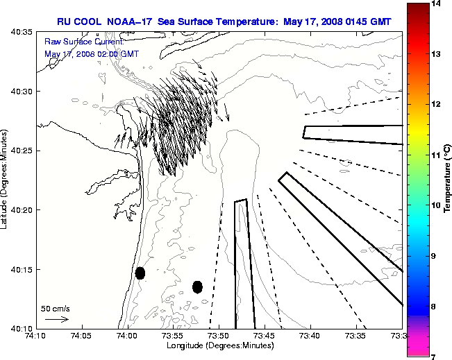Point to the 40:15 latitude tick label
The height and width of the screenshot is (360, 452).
pos(24,269)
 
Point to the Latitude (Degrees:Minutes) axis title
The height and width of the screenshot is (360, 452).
pos(6,180)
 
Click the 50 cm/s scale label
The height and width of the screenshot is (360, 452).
pos(56,308)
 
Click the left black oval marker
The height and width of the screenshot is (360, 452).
pos(140,273)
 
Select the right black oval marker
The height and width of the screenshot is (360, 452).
pos(197,286)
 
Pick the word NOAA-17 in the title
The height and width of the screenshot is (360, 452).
pos(132,22)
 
